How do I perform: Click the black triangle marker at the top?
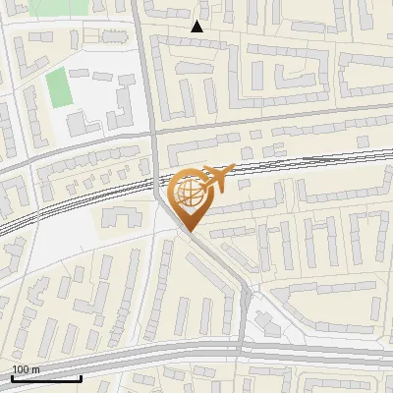point(197,27)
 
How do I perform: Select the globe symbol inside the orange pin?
point(189,194)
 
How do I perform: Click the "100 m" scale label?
point(26,369)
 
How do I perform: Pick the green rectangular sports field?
point(58,87)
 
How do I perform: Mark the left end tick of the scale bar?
point(12,377)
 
